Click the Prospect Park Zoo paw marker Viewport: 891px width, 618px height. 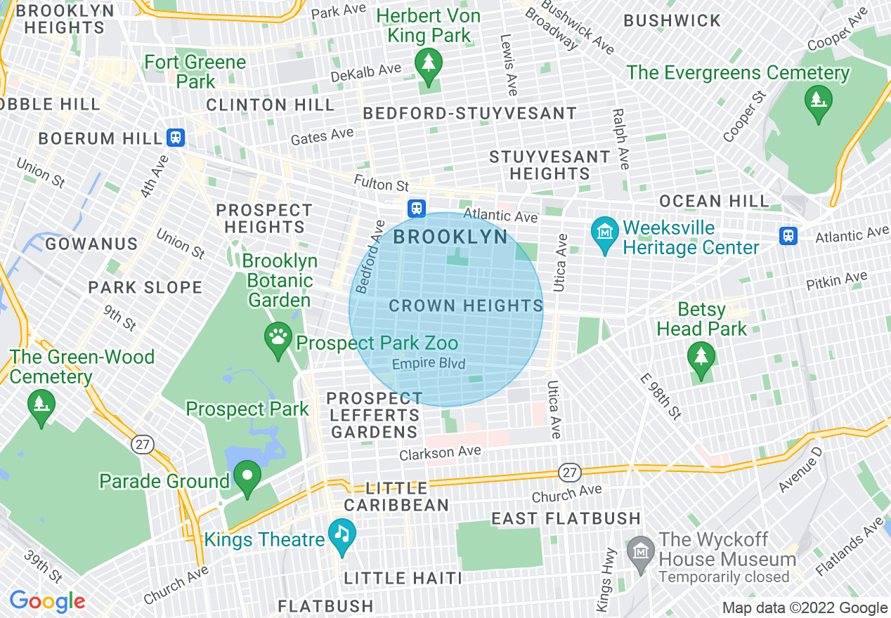coord(278,337)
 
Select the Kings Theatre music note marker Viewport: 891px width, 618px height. coord(342,534)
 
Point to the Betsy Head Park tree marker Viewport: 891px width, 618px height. coord(701,357)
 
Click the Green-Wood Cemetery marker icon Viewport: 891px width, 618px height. coord(41,405)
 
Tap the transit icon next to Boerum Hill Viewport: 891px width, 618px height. coord(176,138)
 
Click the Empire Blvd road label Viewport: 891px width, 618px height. coord(429,364)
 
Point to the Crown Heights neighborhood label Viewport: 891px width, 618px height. coord(466,306)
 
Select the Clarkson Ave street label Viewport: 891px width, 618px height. coord(440,453)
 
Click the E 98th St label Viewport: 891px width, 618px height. coord(661,396)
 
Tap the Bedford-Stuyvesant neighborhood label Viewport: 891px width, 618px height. coord(469,113)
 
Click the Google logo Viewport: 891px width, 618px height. coord(47,602)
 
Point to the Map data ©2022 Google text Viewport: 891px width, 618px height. coord(805,608)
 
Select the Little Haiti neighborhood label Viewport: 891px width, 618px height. coord(403,579)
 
